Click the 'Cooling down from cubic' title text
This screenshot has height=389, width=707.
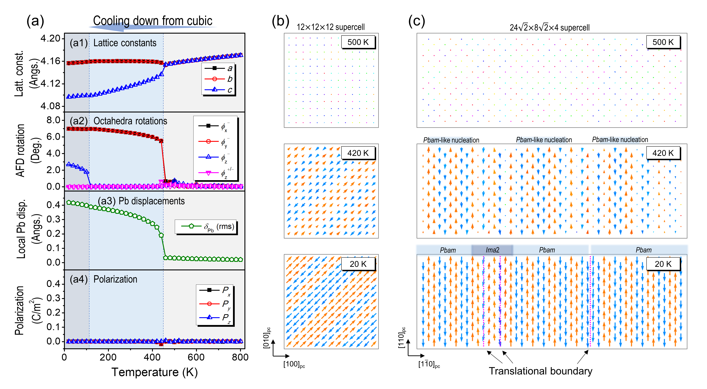[x=153, y=21]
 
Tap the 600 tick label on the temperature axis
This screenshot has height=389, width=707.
[x=196, y=357]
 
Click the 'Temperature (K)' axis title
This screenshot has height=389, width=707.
[x=154, y=372]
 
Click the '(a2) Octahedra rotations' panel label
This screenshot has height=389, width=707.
[x=118, y=121]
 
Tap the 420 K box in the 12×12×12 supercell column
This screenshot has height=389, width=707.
[x=358, y=153]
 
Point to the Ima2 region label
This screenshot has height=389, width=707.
[x=492, y=250]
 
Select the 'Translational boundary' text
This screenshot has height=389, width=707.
[x=540, y=371]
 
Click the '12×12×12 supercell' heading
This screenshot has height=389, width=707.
[x=331, y=27]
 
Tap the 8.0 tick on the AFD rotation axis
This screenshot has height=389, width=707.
[x=54, y=120]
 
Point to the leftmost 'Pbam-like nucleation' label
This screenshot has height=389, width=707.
[x=451, y=140]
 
